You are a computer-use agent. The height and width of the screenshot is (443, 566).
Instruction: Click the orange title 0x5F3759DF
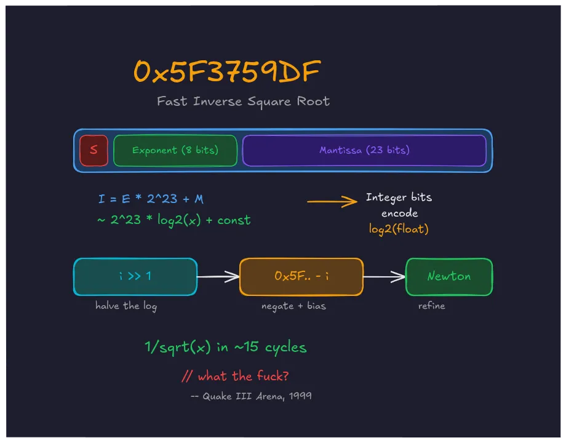point(226,73)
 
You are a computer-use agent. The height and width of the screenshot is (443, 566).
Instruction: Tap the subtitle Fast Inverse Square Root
point(243,102)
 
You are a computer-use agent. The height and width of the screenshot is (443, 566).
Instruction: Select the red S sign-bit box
point(94,151)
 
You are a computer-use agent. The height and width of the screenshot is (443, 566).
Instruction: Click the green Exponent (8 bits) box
point(175,151)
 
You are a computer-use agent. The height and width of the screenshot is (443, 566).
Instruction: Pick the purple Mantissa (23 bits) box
point(364,151)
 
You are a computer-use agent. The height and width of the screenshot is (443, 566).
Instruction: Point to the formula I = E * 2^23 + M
point(151,199)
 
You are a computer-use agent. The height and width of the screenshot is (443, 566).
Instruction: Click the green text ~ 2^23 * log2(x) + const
point(174,220)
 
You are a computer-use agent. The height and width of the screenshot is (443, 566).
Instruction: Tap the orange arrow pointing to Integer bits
point(332,201)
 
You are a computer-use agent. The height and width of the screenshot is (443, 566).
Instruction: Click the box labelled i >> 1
point(135,277)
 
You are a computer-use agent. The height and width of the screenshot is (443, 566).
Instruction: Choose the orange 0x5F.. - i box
point(301,277)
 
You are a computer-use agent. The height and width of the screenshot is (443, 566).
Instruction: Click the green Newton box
point(449,277)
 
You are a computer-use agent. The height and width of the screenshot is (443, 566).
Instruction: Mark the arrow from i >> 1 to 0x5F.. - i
point(218,277)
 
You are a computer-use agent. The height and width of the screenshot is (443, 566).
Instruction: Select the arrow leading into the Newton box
point(385,277)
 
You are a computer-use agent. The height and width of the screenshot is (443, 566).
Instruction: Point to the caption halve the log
point(126,306)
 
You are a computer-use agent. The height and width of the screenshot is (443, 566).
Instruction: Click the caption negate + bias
point(293,306)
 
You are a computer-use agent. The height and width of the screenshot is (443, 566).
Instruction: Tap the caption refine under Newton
point(431,306)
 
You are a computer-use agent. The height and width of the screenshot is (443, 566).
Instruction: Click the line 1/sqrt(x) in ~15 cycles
point(226,348)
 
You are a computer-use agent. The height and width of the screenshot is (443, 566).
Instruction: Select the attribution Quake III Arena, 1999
point(251,396)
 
